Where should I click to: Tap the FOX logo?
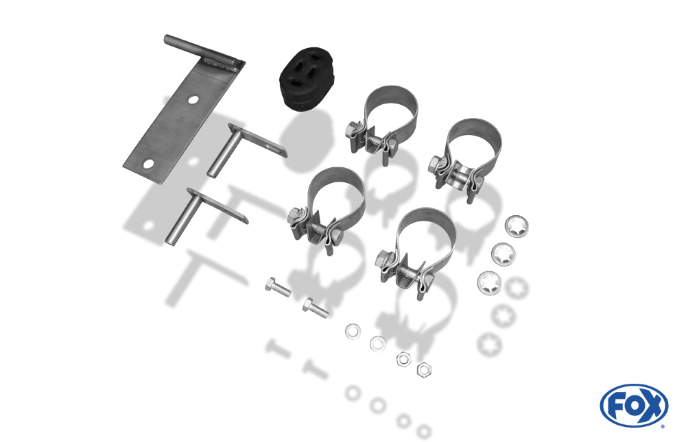pyautogui.click(x=634, y=405)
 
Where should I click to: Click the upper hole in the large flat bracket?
pyautogui.click(x=193, y=99)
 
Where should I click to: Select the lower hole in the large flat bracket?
pyautogui.click(x=149, y=164)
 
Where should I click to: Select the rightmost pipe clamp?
pyautogui.click(x=464, y=158)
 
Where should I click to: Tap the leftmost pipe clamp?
pyautogui.click(x=326, y=210)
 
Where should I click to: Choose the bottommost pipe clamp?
pyautogui.click(x=416, y=253)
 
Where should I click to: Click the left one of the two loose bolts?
pyautogui.click(x=277, y=287)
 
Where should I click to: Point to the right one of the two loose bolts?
pyautogui.click(x=315, y=308)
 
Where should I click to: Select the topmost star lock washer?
pyautogui.click(x=517, y=226)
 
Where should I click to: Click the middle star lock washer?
pyautogui.click(x=504, y=254)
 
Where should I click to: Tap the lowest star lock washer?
pyautogui.click(x=488, y=283)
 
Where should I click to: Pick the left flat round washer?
pyautogui.click(x=353, y=331)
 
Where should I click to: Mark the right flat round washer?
pyautogui.click(x=377, y=343)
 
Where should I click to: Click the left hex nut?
pyautogui.click(x=403, y=359)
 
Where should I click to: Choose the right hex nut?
pyautogui.click(x=423, y=370)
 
